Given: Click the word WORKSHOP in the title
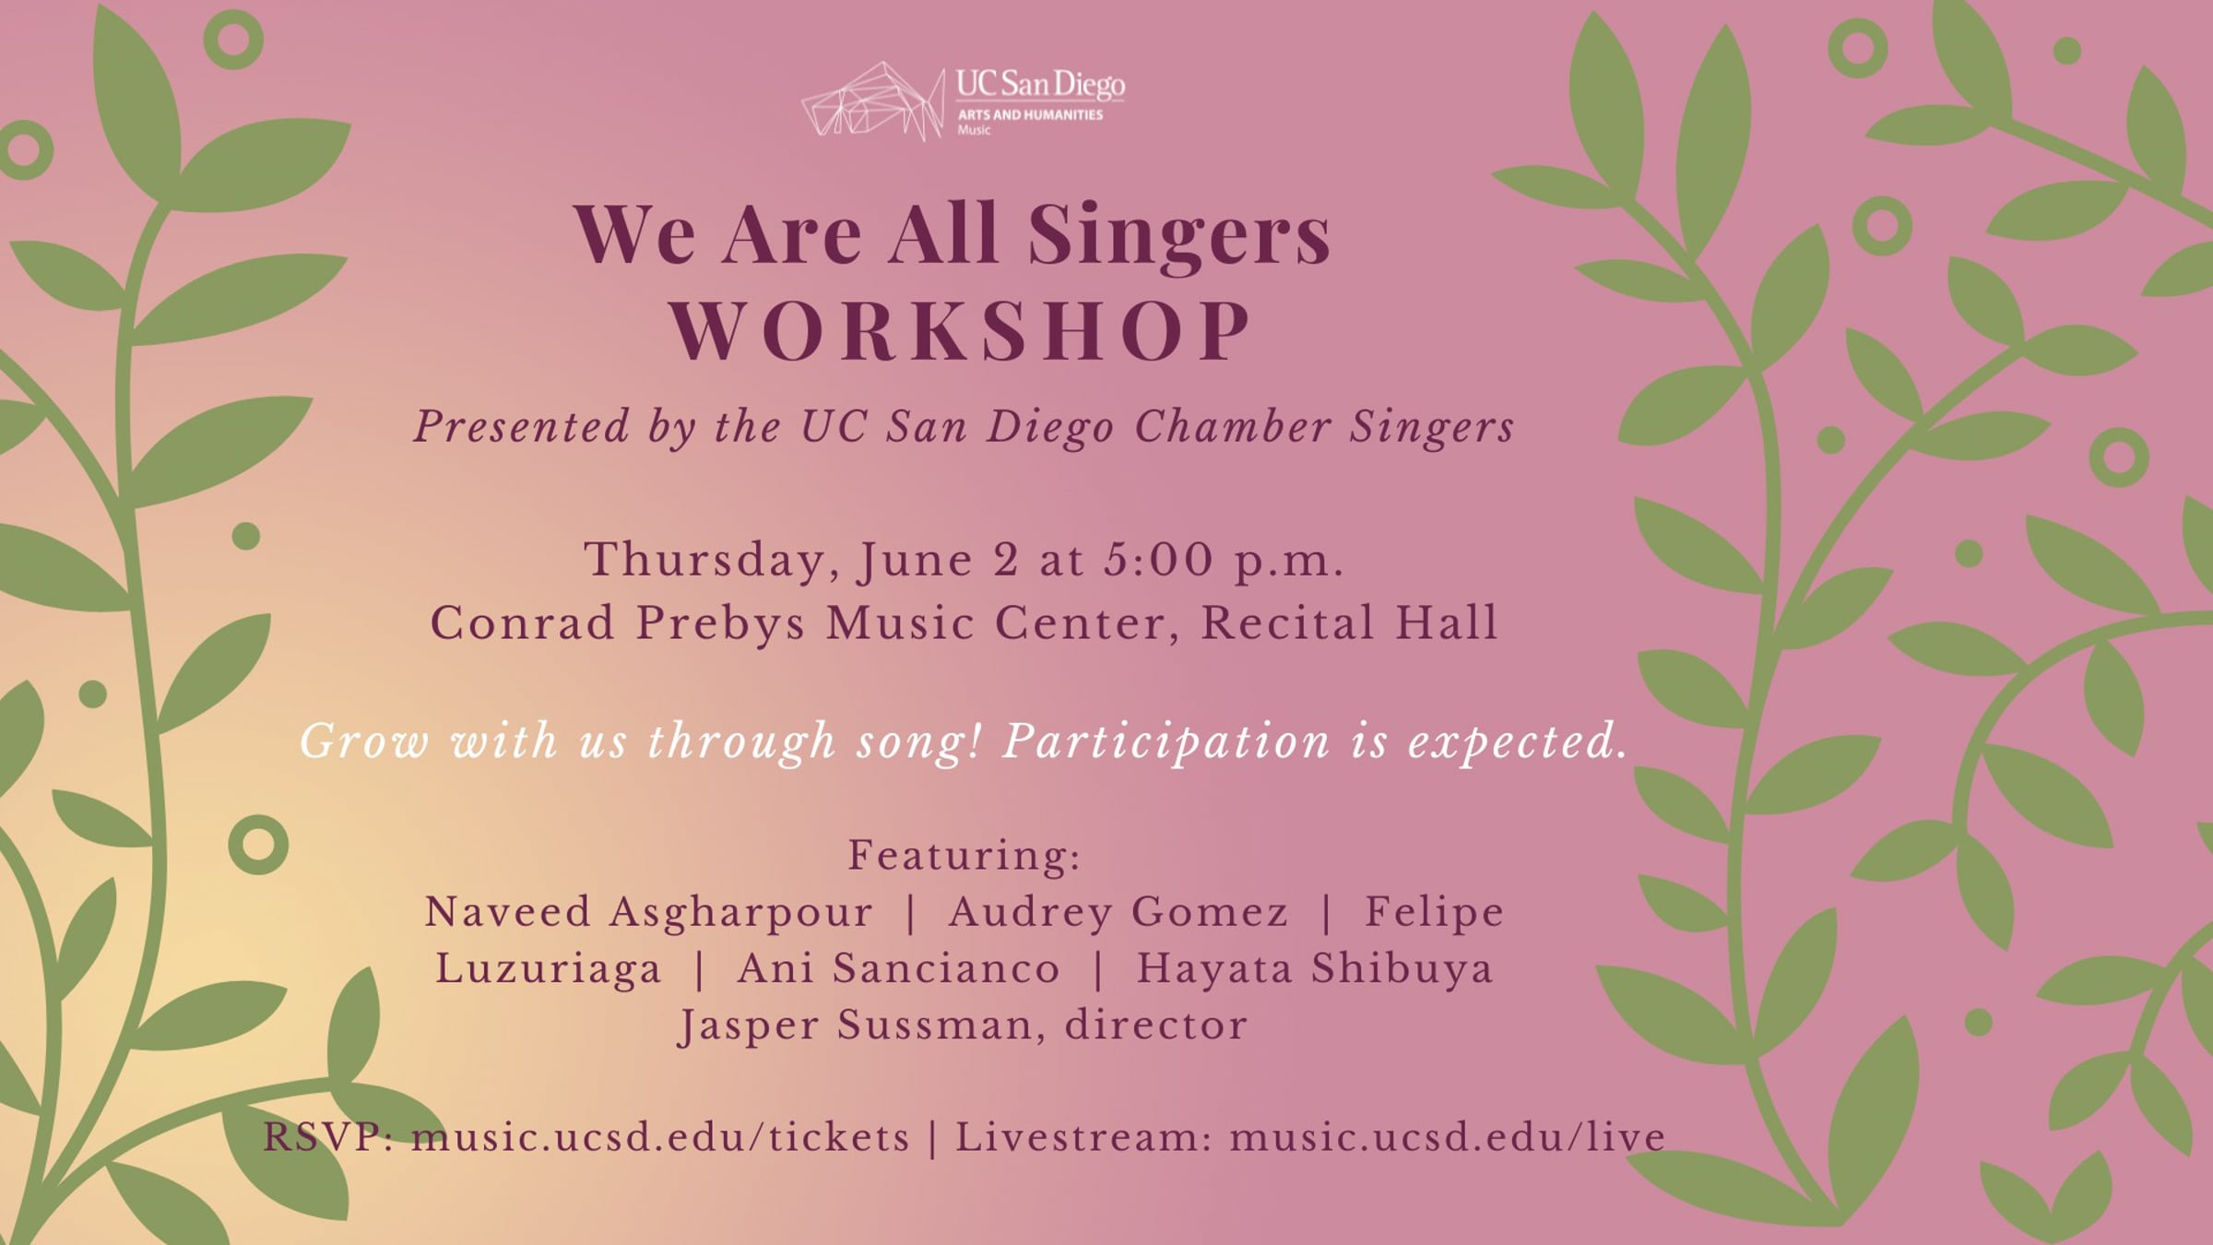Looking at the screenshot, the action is click(961, 331).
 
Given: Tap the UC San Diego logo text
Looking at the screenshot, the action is click(1040, 85).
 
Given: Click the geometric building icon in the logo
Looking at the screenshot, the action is click(873, 101).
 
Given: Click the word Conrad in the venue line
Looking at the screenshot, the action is click(523, 622).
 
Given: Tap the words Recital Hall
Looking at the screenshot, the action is click(1349, 622).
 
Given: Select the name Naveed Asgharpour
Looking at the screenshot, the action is click(648, 912).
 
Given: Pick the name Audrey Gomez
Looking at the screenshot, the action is click(1118, 912).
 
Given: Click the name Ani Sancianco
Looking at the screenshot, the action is click(899, 968).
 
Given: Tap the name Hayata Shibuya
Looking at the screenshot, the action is click(1314, 968).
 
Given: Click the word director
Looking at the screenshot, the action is click(1156, 1025).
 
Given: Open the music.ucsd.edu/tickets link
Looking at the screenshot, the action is click(660, 1137).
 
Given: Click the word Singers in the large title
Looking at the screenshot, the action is click(1179, 234).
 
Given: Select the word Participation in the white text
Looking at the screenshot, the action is click(1166, 741).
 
